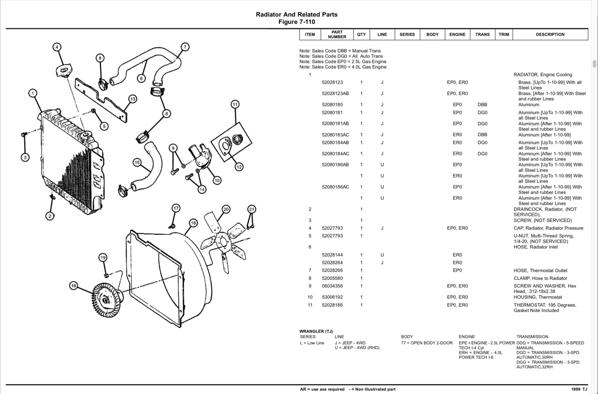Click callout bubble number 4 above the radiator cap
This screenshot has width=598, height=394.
57,47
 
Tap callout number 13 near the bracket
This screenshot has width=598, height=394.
133,99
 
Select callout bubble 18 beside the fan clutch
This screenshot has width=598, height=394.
73,286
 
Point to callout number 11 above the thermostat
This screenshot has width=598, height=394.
235,104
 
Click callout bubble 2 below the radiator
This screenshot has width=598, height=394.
50,216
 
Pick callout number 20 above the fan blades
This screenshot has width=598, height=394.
226,209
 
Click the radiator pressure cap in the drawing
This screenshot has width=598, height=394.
64,71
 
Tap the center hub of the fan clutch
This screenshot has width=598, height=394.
106,300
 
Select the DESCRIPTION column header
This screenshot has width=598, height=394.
550,34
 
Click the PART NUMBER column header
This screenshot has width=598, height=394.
337,34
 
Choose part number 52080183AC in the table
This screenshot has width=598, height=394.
335,135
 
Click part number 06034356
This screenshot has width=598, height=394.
332,286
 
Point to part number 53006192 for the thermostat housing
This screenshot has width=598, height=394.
332,297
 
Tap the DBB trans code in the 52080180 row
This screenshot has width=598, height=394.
483,105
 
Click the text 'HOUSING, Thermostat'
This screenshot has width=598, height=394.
538,297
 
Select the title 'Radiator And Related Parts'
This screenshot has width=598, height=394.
297,15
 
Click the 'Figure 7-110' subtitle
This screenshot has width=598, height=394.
297,22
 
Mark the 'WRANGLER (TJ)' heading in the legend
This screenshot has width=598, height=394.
316,331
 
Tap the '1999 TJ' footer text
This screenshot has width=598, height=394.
579,390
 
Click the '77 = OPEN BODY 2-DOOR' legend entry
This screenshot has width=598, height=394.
426,343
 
